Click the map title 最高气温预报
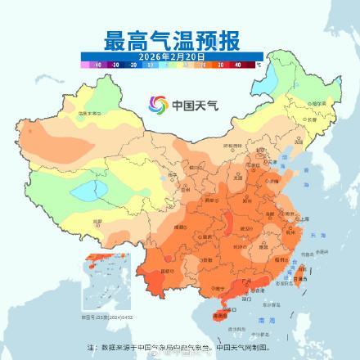pos(179,38)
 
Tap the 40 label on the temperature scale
pos(237,62)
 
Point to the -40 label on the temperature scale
pos(98,62)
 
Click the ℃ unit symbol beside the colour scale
pos(259,62)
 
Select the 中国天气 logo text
pos(191,105)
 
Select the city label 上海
pos(305,219)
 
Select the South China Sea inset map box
pos(100,286)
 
